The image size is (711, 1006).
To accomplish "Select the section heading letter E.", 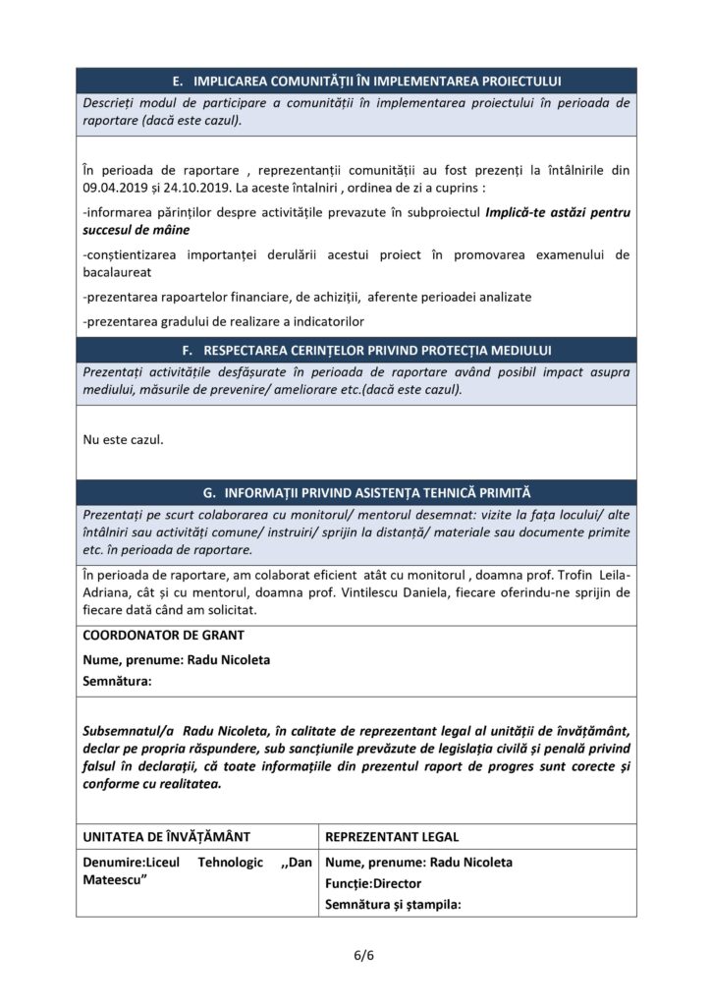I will point(178,81).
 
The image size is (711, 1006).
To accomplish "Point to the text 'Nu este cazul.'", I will point(124,439).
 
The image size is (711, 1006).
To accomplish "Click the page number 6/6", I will point(355,955).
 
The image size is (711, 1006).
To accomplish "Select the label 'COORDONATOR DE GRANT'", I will point(164,636).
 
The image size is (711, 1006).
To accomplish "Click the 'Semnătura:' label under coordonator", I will point(117,681).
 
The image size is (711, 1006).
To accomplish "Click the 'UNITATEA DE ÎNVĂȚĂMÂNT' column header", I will point(167,837).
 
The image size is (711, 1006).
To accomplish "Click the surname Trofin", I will point(585,575).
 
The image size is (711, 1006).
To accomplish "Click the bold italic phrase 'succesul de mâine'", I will point(136,229).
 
